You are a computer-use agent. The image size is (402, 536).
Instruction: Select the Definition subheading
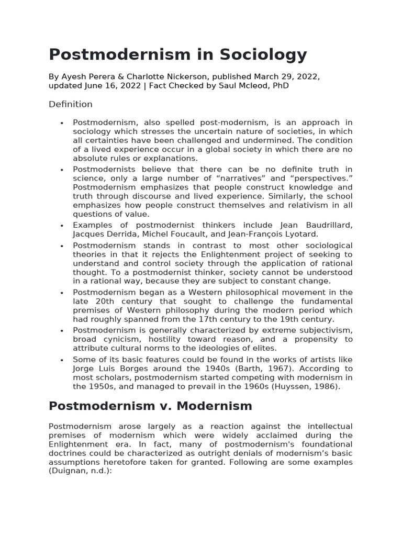tap(71, 104)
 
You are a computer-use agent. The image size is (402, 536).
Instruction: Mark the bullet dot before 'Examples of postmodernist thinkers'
tap(62, 226)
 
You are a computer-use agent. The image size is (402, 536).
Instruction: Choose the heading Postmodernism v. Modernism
tap(150, 406)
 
